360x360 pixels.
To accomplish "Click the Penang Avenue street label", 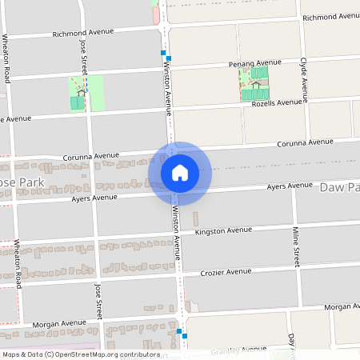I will [x=255, y=62].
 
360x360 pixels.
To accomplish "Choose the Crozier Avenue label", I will [x=226, y=272].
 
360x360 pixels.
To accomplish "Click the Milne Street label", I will [x=295, y=247].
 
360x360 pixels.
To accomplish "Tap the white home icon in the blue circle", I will [x=180, y=172].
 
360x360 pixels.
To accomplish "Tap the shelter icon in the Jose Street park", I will [x=81, y=91].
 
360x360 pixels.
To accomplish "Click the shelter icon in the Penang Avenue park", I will [x=255, y=83].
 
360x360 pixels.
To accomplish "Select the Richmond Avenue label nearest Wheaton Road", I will [x=83, y=34].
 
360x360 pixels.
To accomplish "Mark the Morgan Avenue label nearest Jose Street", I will [x=59, y=325].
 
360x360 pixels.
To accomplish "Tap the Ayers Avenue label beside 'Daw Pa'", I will [x=290, y=186].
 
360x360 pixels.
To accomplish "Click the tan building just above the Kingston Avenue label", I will [x=196, y=218].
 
